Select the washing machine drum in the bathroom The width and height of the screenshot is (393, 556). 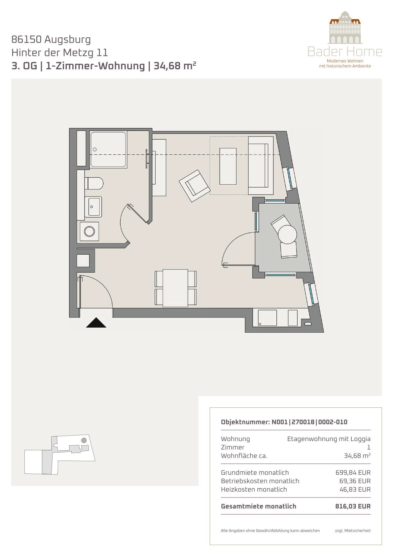[x=89, y=231]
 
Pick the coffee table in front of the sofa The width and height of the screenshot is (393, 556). [x=228, y=166]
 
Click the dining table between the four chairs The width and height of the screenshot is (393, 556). [x=175, y=288]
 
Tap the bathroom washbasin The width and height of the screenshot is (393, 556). [x=93, y=207]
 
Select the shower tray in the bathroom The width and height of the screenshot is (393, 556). [x=109, y=150]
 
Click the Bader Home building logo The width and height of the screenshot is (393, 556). [x=345, y=27]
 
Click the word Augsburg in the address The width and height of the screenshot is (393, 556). [x=67, y=40]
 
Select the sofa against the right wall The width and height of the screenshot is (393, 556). [x=261, y=166]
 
